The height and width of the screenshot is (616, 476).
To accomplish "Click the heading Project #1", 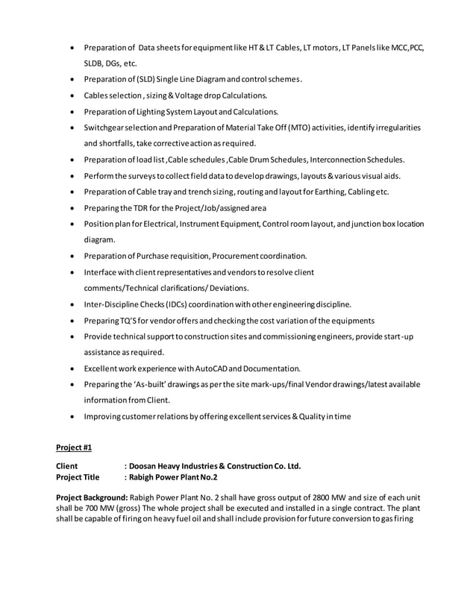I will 74,447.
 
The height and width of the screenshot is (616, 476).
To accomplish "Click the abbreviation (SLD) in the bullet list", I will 143,80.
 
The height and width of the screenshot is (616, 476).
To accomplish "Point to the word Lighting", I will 154,112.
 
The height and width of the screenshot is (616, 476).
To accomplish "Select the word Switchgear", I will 106,128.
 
